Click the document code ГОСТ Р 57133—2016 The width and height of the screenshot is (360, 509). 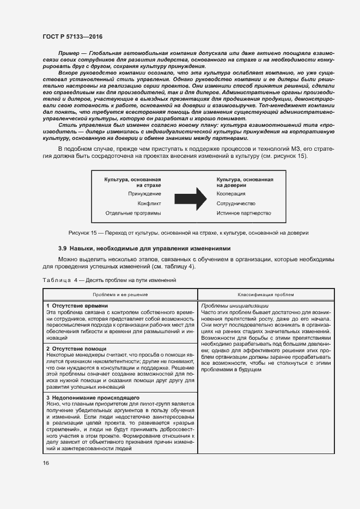click(72, 36)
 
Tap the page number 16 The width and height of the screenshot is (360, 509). click(46, 463)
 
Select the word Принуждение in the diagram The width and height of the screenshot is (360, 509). click(144, 194)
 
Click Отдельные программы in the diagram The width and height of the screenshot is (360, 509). click(133, 213)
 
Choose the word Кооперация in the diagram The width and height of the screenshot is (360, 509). click(231, 194)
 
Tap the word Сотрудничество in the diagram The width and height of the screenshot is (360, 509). click(236, 204)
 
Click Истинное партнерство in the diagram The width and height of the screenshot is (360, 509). click(243, 213)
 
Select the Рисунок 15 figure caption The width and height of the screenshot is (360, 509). click(185, 233)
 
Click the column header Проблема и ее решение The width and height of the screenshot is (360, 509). click(116, 293)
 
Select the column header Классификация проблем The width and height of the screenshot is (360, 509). click(258, 293)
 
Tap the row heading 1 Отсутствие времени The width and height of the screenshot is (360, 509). click(77, 306)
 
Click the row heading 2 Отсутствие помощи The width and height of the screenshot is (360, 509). click(76, 348)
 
